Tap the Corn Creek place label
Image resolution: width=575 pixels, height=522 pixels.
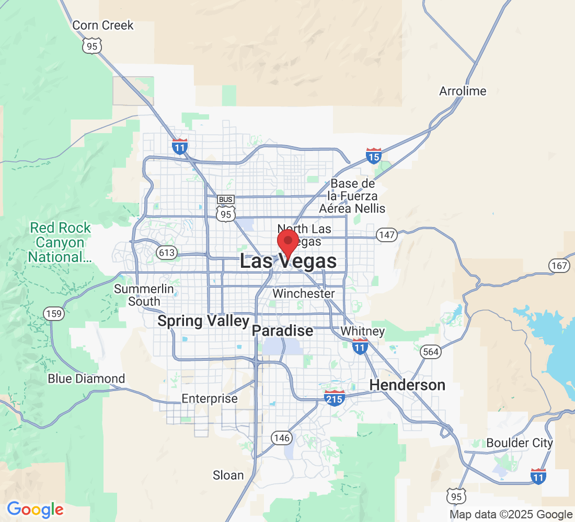pos(103,25)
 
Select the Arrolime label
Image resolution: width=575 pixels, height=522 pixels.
pos(463,91)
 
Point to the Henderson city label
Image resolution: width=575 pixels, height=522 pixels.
pos(407,385)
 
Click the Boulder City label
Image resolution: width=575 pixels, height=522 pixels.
pos(519,443)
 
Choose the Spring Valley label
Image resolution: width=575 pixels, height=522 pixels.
pos(203,321)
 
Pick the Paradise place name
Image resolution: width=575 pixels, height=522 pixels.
pos(282,330)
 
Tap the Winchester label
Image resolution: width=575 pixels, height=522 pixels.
pos(303,293)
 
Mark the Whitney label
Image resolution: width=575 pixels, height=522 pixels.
pos(362,331)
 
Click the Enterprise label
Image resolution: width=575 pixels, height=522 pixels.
pos(209,398)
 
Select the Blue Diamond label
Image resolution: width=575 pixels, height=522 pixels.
pos(86,378)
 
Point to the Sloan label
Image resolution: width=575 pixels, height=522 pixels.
pos(228,475)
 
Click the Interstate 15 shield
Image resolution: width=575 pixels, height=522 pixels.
pos(373,156)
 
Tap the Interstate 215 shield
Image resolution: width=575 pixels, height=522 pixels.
pos(334,398)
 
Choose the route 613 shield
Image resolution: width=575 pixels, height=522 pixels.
pos(167,253)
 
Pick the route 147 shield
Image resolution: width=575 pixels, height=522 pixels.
pos(387,235)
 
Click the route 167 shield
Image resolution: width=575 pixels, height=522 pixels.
pos(559,265)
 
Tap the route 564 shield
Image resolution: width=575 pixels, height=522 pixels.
pos(431,352)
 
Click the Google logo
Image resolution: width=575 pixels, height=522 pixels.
pos(35,509)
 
